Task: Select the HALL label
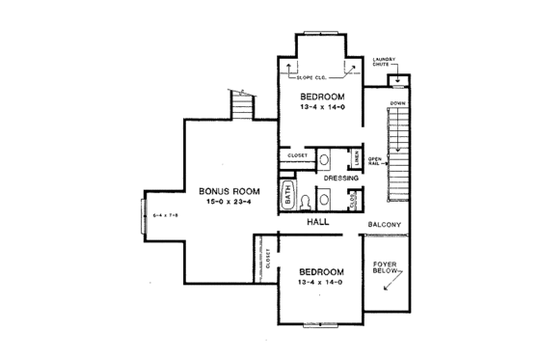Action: (318, 222)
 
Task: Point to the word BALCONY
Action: (385, 225)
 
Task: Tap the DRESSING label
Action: (341, 179)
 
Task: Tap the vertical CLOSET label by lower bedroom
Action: (268, 260)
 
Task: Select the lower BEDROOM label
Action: (316, 271)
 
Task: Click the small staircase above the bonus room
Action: (242, 100)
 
